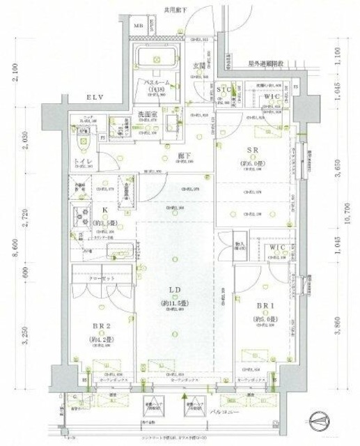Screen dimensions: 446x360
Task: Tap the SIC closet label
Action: (x=224, y=90)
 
